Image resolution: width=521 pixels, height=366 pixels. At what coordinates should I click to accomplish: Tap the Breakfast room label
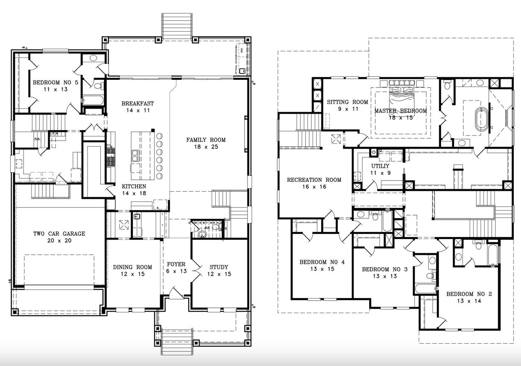point(138,107)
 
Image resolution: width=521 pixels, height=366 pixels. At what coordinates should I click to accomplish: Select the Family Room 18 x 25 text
point(206,143)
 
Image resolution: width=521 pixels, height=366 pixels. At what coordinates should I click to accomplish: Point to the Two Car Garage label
point(59,237)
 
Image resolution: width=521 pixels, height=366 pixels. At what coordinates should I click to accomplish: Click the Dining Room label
point(132,270)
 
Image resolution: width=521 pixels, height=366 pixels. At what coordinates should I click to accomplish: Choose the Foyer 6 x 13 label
point(176,268)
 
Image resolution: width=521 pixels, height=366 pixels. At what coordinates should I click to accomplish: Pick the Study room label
point(219,270)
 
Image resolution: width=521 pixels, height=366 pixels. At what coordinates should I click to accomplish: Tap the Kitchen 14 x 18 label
point(134,190)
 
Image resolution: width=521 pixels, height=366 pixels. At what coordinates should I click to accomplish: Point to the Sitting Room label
point(347,105)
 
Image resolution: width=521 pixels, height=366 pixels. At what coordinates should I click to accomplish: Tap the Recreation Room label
point(314,183)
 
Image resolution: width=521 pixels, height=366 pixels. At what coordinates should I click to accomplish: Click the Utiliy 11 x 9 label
point(380,170)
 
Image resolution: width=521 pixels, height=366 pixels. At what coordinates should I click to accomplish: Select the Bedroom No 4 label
point(322,266)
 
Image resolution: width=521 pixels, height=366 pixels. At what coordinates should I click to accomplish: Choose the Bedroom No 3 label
point(385,272)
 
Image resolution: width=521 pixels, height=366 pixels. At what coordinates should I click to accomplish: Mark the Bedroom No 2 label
point(469,297)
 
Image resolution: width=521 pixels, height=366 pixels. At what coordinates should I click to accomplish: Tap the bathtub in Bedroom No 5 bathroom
point(93,100)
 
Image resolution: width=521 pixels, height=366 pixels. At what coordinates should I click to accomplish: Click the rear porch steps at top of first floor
point(177,26)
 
